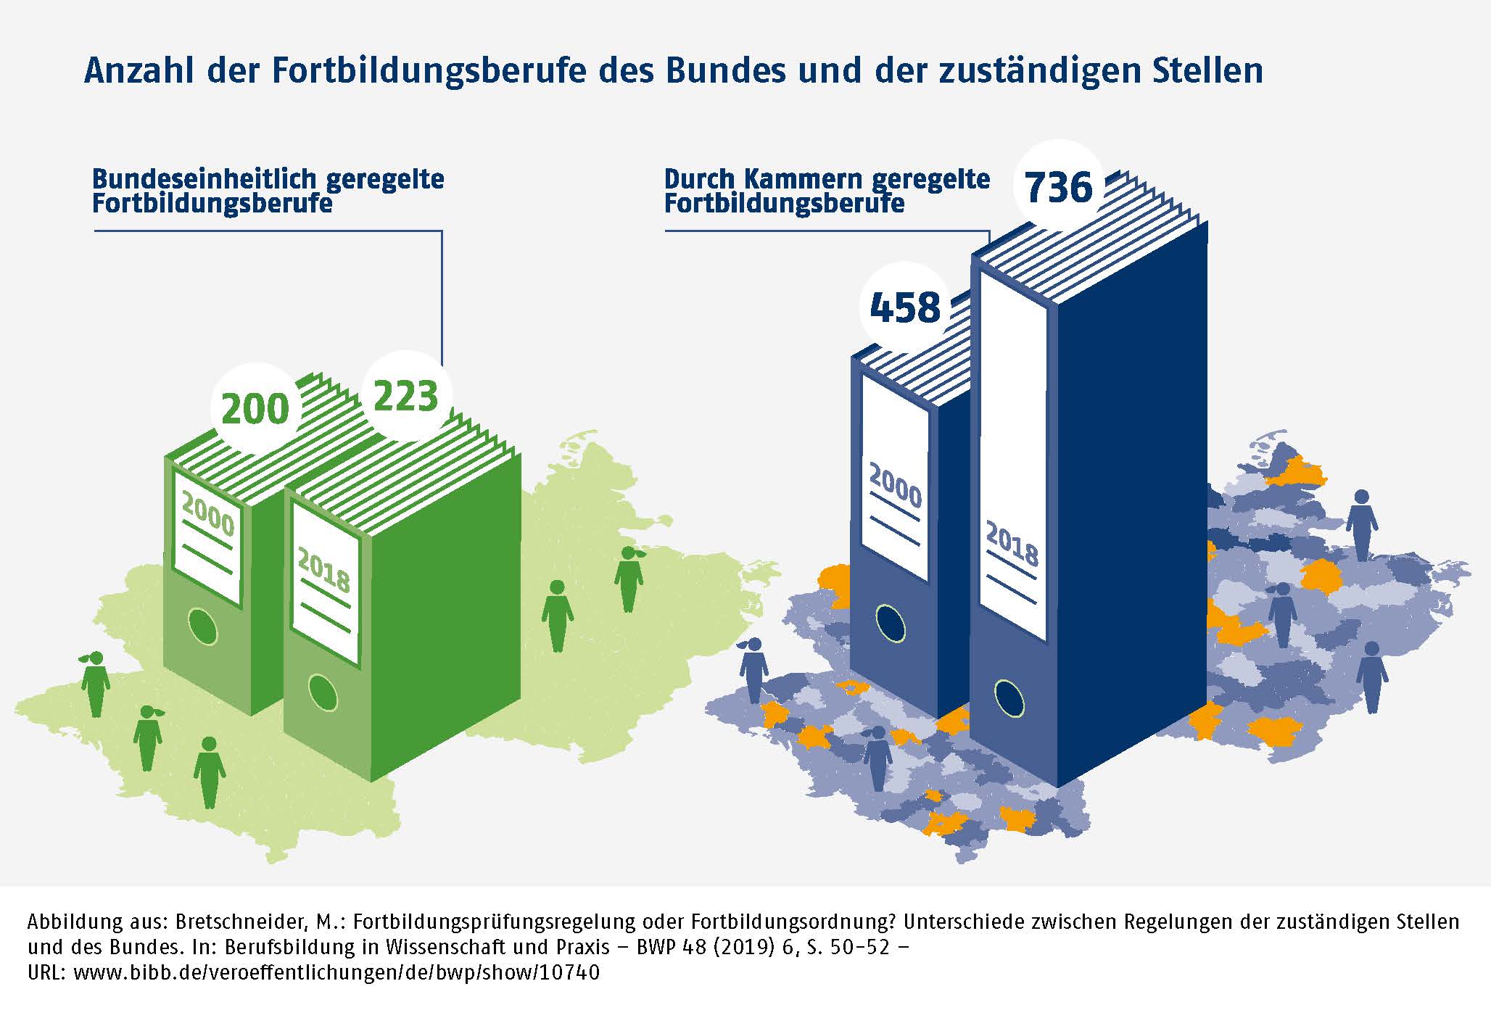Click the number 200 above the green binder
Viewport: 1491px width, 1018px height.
click(255, 408)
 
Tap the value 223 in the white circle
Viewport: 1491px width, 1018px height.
click(406, 396)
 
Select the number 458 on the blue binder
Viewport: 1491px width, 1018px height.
click(905, 307)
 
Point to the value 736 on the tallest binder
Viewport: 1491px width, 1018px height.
click(1058, 187)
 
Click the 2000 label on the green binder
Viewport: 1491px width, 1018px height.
click(208, 513)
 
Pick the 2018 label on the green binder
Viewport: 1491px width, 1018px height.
click(324, 570)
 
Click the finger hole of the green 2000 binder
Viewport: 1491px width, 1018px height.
click(202, 626)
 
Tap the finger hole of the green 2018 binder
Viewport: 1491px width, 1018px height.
click(323, 692)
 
